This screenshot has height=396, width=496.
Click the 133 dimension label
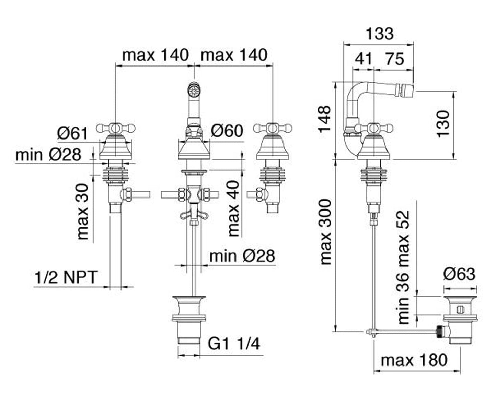[379, 34]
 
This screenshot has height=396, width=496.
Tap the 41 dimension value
[363, 59]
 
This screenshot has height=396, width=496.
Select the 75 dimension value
[394, 59]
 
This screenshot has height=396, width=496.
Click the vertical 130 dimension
[443, 123]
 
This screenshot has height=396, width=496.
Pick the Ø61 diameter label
[72, 133]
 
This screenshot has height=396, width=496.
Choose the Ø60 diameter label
[227, 131]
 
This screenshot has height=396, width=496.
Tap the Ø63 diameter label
[459, 274]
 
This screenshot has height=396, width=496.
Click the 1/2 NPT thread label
[66, 277]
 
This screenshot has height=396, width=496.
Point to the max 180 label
[414, 360]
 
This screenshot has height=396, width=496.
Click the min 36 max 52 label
[404, 267]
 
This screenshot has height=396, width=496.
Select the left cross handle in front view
[116, 129]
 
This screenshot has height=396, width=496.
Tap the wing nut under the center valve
[194, 215]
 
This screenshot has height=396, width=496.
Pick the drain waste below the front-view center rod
[189, 319]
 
